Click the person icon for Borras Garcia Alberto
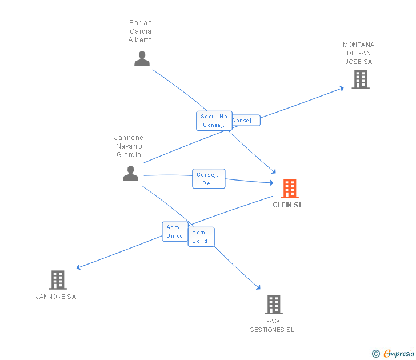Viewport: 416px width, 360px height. (x=142, y=59)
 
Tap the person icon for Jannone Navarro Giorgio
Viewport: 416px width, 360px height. (x=131, y=174)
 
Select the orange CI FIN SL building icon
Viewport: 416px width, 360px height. (x=290, y=188)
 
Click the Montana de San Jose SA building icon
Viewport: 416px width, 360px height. (x=361, y=79)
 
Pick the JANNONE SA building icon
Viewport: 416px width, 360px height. (x=58, y=280)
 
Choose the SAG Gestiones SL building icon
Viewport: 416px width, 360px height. (x=274, y=305)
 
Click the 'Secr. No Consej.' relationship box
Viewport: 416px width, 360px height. (x=214, y=121)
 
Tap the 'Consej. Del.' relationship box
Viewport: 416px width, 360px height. (x=209, y=179)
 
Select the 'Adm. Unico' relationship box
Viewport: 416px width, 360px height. (x=174, y=231)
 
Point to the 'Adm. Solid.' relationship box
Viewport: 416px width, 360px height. (x=201, y=237)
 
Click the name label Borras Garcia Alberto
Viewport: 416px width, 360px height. (x=140, y=31)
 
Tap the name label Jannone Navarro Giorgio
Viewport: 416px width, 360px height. (x=129, y=146)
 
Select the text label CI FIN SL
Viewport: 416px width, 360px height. (x=288, y=205)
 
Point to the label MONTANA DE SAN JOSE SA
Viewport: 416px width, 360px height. (x=359, y=53)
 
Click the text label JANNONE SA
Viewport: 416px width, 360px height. (x=56, y=297)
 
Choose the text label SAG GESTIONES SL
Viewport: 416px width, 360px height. (x=272, y=325)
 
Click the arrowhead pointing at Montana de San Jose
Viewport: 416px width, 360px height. (x=341, y=88)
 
